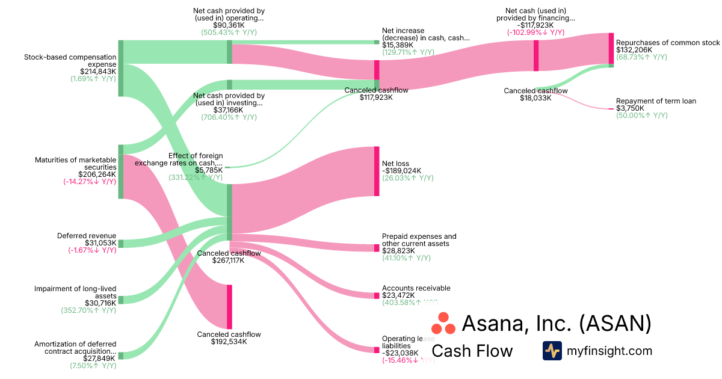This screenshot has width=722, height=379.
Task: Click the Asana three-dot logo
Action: pos(444,324)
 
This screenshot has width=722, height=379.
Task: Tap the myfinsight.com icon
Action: pos(552,351)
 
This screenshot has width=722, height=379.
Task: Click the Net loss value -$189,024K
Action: pos(402,171)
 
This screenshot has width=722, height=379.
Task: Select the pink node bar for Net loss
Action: pos(377,171)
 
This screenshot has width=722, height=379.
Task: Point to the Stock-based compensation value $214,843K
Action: pos(93,71)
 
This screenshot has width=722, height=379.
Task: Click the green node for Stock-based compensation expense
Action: pos(120,68)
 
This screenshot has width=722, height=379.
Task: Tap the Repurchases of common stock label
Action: pos(667,43)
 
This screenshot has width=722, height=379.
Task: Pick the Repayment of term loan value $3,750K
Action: pos(630,108)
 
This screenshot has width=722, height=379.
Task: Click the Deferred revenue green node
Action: pos(120,244)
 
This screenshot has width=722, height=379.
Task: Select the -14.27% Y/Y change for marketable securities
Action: pos(90,182)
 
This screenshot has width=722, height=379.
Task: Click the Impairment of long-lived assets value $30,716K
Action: pos(100,303)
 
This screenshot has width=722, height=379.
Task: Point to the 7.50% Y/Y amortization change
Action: pos(93,365)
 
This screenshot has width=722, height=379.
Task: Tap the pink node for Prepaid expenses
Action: pos(377,248)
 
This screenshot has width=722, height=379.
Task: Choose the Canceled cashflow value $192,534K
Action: pos(229,342)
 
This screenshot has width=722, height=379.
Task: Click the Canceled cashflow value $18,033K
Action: pos(535,98)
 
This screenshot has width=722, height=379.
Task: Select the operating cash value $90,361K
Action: pos(229,25)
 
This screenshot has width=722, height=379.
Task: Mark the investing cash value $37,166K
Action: pos(229,110)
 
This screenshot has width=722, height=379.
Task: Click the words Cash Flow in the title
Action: pos(472,351)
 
